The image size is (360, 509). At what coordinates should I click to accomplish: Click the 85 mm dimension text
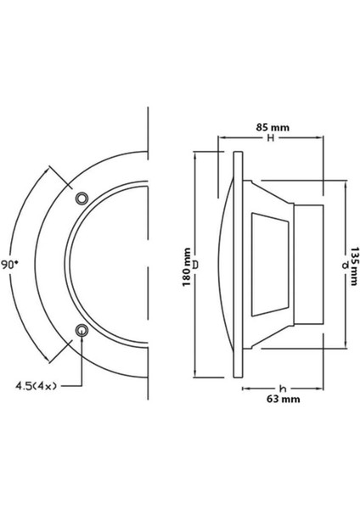pyautogui.click(x=273, y=127)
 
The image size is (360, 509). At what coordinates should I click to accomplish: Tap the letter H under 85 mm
pyautogui.click(x=271, y=138)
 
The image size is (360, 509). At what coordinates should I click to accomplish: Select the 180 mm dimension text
pyautogui.click(x=187, y=267)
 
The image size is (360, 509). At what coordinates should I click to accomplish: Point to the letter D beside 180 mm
pyautogui.click(x=195, y=265)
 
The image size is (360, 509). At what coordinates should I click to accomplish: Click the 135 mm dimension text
pyautogui.click(x=354, y=266)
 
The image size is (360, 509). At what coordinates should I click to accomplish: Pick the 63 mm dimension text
pyautogui.click(x=283, y=399)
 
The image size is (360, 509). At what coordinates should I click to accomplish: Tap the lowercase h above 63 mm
pyautogui.click(x=283, y=389)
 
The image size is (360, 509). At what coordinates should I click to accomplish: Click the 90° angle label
pyautogui.click(x=10, y=265)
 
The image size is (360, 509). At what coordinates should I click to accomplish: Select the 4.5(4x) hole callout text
pyautogui.click(x=36, y=386)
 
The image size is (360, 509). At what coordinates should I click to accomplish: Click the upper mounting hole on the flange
pyautogui.click(x=82, y=198)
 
